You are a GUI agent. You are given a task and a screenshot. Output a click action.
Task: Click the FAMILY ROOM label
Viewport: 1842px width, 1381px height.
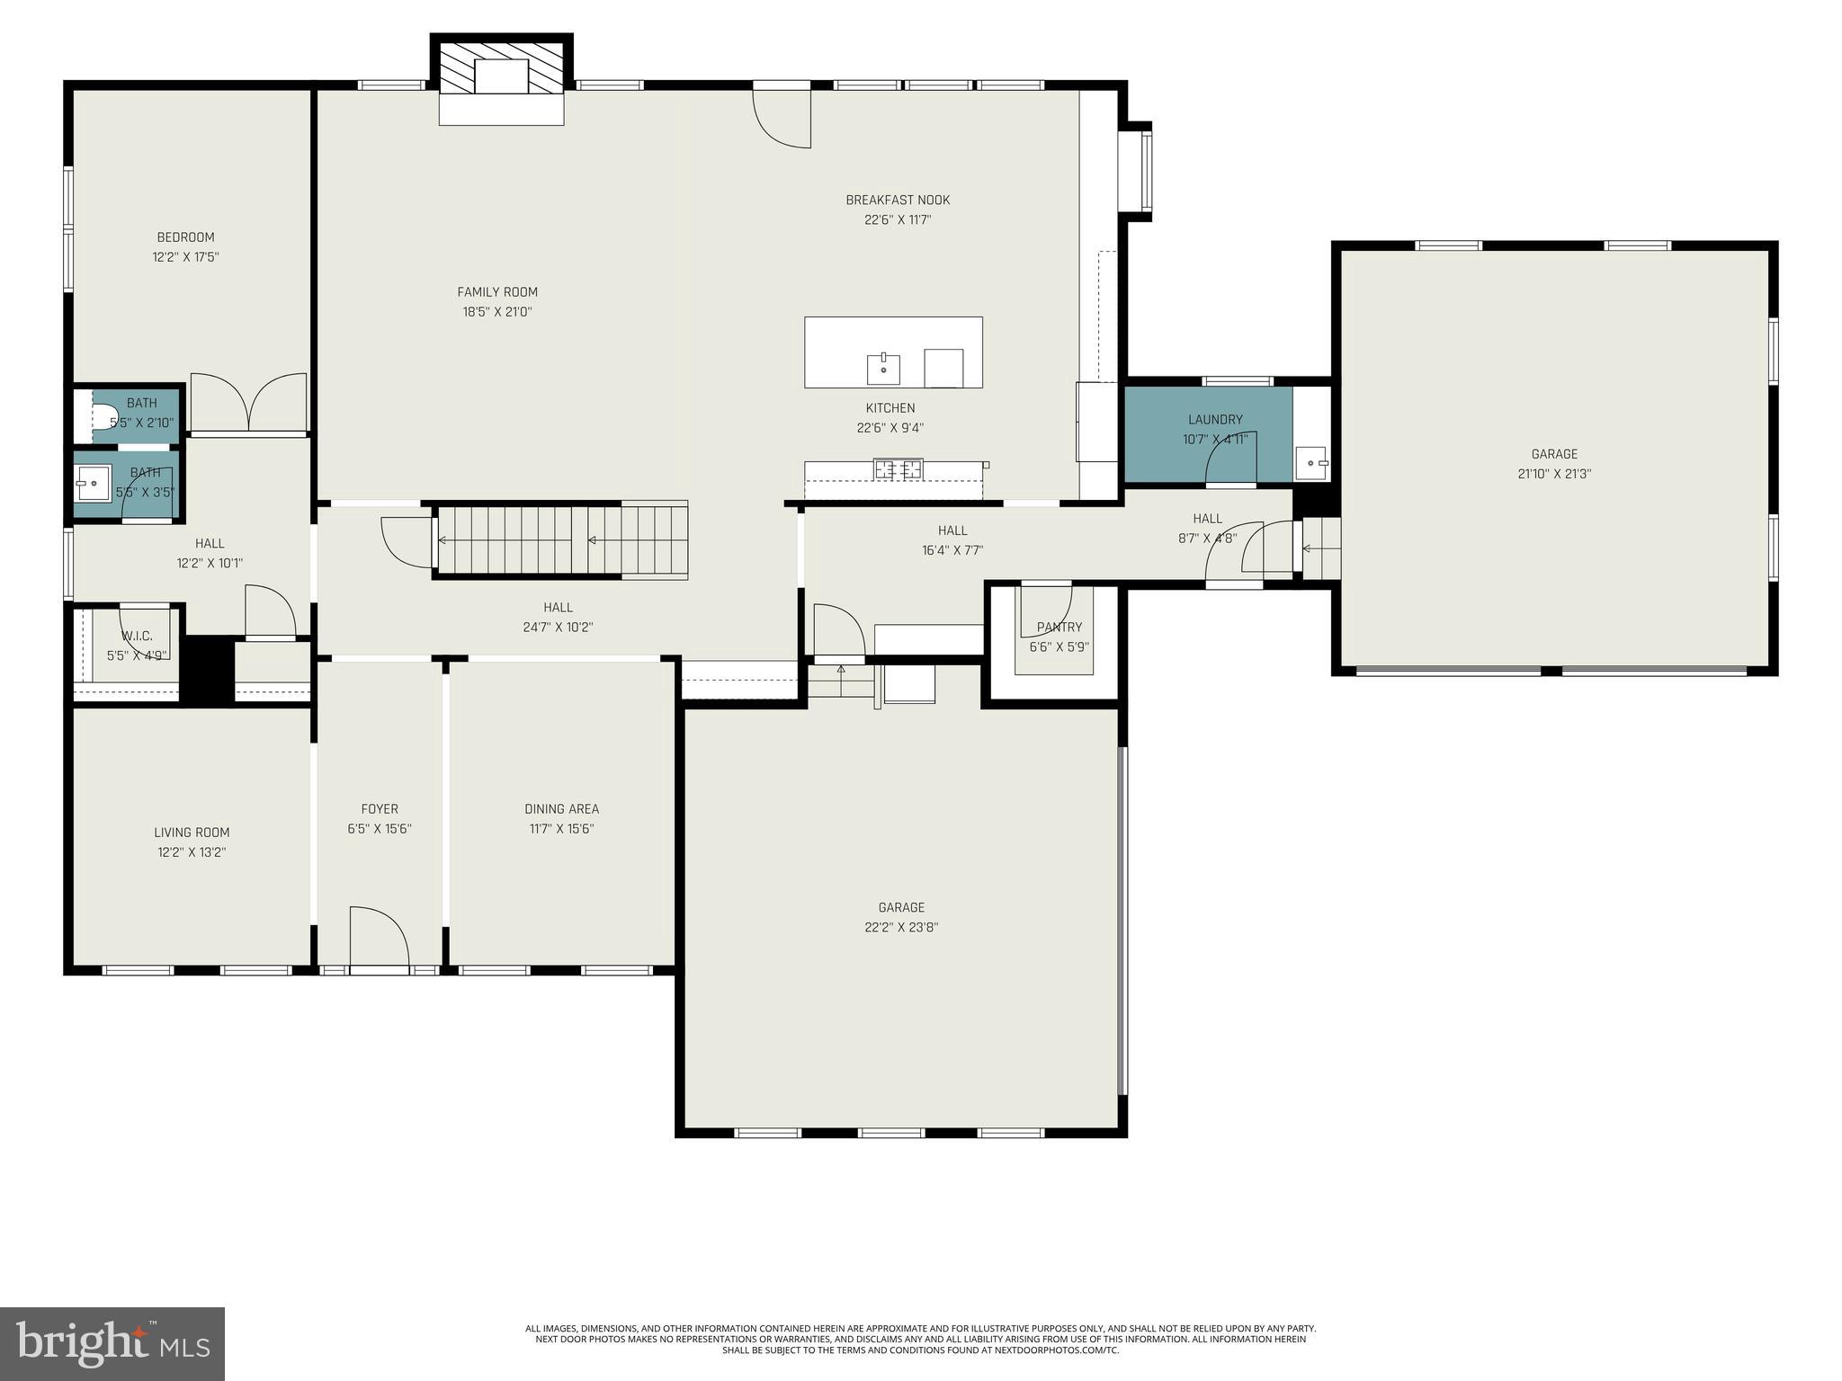(x=497, y=292)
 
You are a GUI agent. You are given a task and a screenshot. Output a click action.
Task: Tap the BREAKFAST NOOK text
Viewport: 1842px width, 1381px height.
(x=897, y=200)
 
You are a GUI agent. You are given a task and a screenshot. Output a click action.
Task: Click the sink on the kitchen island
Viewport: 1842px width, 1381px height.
(x=883, y=369)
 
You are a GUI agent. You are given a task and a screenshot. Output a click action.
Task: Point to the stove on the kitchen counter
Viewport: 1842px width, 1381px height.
(x=899, y=468)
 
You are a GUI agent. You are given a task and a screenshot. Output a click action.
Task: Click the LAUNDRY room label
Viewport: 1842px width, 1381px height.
(x=1214, y=420)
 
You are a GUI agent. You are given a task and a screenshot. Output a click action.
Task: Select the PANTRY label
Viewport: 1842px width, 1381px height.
(x=1059, y=628)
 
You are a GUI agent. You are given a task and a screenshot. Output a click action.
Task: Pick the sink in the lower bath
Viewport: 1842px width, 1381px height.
(x=92, y=484)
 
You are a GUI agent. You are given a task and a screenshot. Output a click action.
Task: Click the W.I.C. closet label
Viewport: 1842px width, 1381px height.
(x=137, y=637)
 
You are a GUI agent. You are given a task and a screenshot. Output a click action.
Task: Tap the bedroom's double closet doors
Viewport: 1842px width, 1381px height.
(x=249, y=403)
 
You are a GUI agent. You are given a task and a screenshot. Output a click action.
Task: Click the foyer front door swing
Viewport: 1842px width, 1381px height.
(x=379, y=938)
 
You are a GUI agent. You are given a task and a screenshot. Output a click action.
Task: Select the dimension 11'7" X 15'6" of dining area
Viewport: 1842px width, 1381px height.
(x=561, y=829)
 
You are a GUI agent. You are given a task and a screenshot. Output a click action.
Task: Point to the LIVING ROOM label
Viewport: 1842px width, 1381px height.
(x=192, y=833)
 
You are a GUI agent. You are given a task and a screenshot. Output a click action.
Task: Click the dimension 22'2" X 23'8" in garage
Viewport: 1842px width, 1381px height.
(x=901, y=928)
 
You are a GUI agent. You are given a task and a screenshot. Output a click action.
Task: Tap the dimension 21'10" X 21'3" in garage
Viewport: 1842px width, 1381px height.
(x=1554, y=474)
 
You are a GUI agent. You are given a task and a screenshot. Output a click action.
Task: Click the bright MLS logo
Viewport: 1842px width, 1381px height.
(x=112, y=1343)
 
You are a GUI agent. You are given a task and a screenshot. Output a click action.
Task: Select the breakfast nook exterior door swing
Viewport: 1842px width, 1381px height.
(x=782, y=117)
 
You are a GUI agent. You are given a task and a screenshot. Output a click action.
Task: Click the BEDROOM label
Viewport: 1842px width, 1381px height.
(x=185, y=237)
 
